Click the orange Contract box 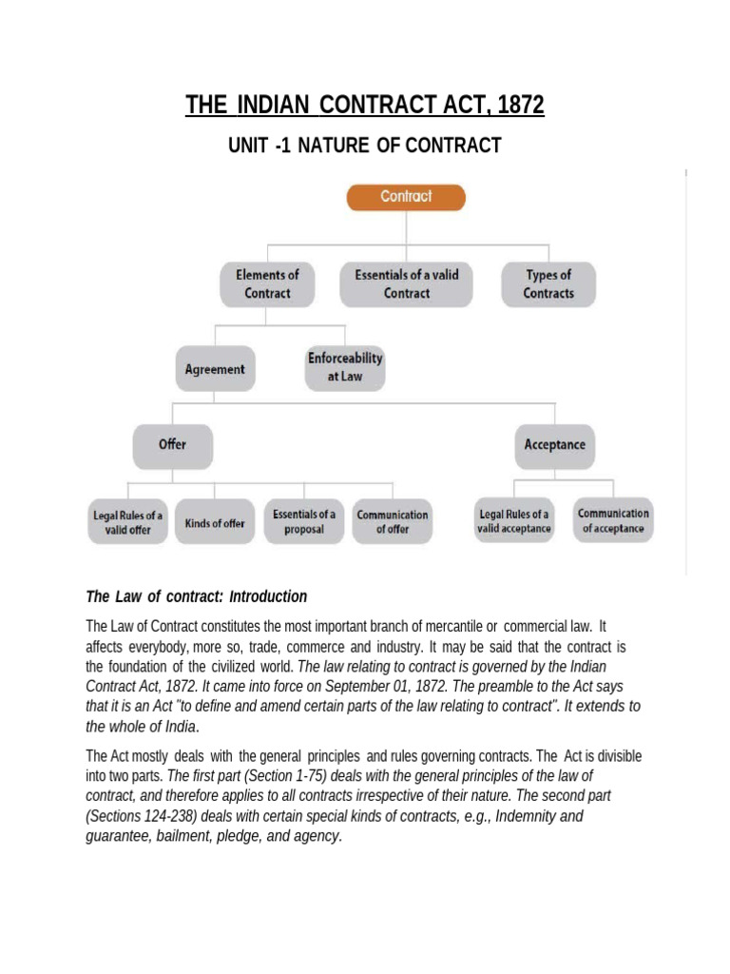coord(406,197)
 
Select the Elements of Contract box coord(267,283)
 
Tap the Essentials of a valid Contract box coord(406,283)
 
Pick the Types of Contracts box coord(548,283)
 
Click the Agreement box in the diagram coord(215,369)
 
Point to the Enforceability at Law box coord(344,367)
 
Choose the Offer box coord(172,445)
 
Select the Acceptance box coord(554,445)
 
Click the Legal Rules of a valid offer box coord(127,522)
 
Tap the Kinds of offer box coord(215,522)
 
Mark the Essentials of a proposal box coord(303,521)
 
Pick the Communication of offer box coord(392,521)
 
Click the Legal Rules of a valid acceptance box coord(514,520)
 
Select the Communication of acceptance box coord(613,520)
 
